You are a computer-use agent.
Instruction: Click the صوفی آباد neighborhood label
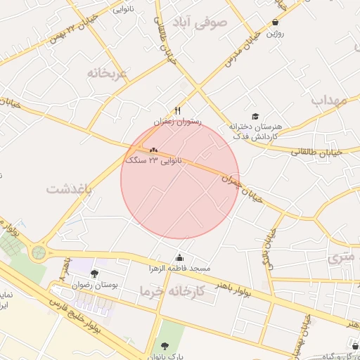coord(204,22)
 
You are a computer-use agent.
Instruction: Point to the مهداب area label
coord(329,100)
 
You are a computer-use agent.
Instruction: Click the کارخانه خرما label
coord(172,291)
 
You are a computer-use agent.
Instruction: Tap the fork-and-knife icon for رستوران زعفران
coord(178,110)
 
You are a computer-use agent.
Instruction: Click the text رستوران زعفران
coord(178,122)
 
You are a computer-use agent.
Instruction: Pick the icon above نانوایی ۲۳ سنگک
coord(153,149)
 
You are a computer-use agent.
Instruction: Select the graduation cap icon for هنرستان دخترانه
coord(255,115)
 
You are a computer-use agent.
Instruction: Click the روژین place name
coord(274,32)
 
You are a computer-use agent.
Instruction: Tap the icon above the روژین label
coord(275,22)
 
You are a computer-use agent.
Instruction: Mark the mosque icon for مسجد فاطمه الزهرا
coord(179,257)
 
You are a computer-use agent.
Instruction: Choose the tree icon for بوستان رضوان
coord(95,273)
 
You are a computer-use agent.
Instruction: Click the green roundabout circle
coord(39,252)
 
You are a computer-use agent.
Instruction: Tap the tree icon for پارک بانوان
coord(165,346)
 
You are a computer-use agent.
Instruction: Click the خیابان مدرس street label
coord(239,49)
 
